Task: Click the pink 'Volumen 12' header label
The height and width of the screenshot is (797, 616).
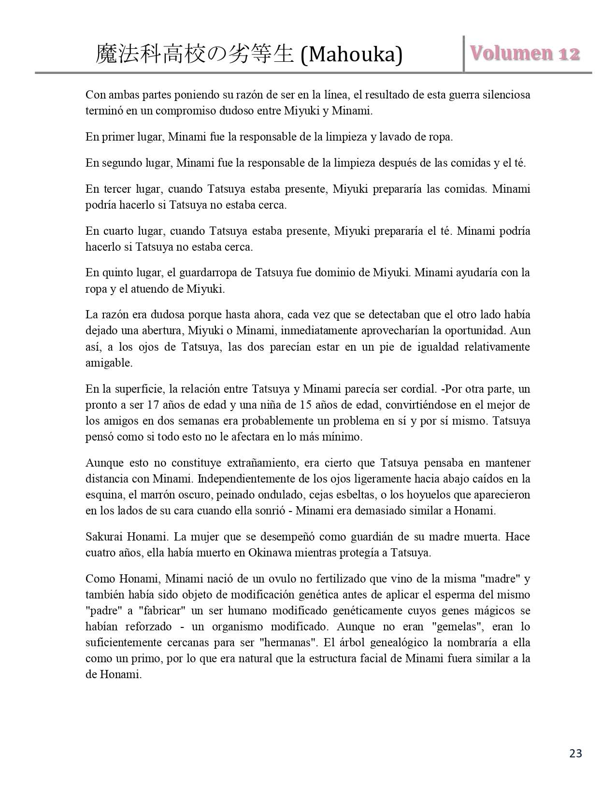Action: (525, 53)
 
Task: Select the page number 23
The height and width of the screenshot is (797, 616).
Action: (575, 753)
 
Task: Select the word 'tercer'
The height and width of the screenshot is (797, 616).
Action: (117, 189)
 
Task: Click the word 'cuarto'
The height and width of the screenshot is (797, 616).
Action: (118, 231)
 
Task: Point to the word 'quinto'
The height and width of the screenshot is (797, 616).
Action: (118, 273)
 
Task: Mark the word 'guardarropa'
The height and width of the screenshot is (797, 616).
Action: (208, 273)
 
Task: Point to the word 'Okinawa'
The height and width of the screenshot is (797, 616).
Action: (270, 553)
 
